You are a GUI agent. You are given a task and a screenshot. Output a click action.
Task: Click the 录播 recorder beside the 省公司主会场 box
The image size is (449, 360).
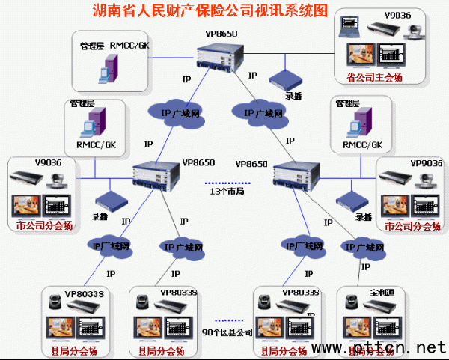[x=284, y=79]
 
